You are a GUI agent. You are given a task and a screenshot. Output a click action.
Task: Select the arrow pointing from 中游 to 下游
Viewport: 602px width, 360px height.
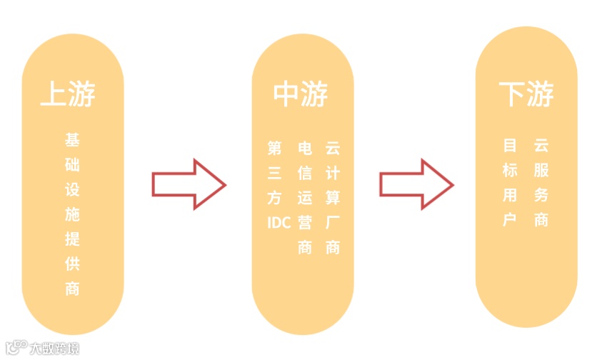click(x=416, y=185)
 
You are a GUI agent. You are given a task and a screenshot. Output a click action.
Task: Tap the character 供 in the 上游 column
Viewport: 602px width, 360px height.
click(x=72, y=264)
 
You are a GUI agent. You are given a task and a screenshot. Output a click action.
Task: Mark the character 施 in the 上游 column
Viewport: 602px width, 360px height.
click(x=72, y=214)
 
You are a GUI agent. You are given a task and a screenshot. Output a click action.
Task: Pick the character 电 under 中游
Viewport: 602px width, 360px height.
click(x=305, y=149)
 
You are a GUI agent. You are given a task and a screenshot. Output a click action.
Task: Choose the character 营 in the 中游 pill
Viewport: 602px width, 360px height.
click(x=305, y=223)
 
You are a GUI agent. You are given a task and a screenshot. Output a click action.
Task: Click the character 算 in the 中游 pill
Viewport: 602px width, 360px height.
click(x=332, y=198)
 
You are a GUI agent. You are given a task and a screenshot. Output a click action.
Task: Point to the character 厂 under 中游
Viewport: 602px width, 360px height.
click(x=332, y=223)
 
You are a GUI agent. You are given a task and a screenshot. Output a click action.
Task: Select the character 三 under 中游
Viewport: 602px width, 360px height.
click(x=275, y=174)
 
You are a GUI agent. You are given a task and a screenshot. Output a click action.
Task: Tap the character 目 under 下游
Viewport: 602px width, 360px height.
click(x=510, y=146)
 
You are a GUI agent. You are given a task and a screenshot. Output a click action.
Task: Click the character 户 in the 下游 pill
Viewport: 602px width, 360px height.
click(x=510, y=220)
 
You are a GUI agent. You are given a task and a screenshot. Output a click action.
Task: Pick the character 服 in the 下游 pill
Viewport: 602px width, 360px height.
click(x=541, y=171)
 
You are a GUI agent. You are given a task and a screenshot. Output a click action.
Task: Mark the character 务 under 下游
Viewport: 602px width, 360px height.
click(x=541, y=195)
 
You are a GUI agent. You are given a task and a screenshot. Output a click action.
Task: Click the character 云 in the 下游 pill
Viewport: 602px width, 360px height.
click(x=541, y=146)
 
